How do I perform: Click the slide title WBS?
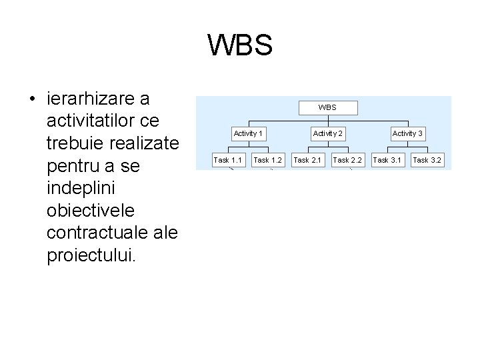240,45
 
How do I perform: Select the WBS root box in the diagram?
327,107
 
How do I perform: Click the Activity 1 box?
248,133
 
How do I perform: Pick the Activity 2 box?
328,133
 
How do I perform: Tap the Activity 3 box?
407,133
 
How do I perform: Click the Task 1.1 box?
228,160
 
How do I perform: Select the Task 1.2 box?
268,160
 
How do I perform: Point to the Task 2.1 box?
307,160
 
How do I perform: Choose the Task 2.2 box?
347,160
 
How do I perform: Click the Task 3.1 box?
387,160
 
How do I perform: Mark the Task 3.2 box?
427,160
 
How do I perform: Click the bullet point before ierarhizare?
32,100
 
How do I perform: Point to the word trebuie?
78,143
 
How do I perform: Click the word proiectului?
90,255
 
